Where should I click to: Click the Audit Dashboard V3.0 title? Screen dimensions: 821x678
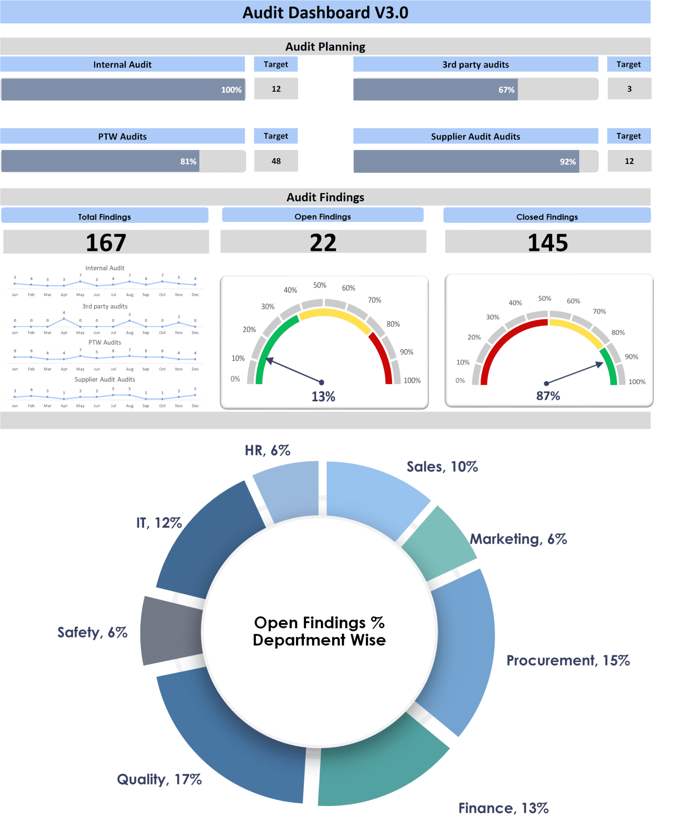pos(325,12)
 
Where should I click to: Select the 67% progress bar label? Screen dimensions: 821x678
pos(506,90)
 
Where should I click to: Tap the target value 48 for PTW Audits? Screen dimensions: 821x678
pos(276,161)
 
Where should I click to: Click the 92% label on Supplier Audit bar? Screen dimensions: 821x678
pos(567,162)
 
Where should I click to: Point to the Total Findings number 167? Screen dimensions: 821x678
pos(106,243)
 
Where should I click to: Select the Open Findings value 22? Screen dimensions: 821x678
pos(323,243)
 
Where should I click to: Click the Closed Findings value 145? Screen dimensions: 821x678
pos(548,243)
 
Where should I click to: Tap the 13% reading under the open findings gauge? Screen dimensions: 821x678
pos(323,396)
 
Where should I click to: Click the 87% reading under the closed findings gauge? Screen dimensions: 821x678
pos(548,396)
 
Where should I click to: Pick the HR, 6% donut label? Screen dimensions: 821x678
pos(268,451)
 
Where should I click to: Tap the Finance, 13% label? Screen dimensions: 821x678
pos(503,808)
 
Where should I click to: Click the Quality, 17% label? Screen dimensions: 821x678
pos(159,779)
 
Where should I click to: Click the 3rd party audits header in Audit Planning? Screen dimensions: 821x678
pos(475,65)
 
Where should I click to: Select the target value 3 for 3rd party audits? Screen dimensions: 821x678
pos(629,89)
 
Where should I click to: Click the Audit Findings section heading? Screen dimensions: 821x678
pos(325,197)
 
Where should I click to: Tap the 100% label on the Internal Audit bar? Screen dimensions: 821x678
pos(231,90)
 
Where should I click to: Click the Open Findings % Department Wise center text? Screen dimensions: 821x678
pos(319,631)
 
